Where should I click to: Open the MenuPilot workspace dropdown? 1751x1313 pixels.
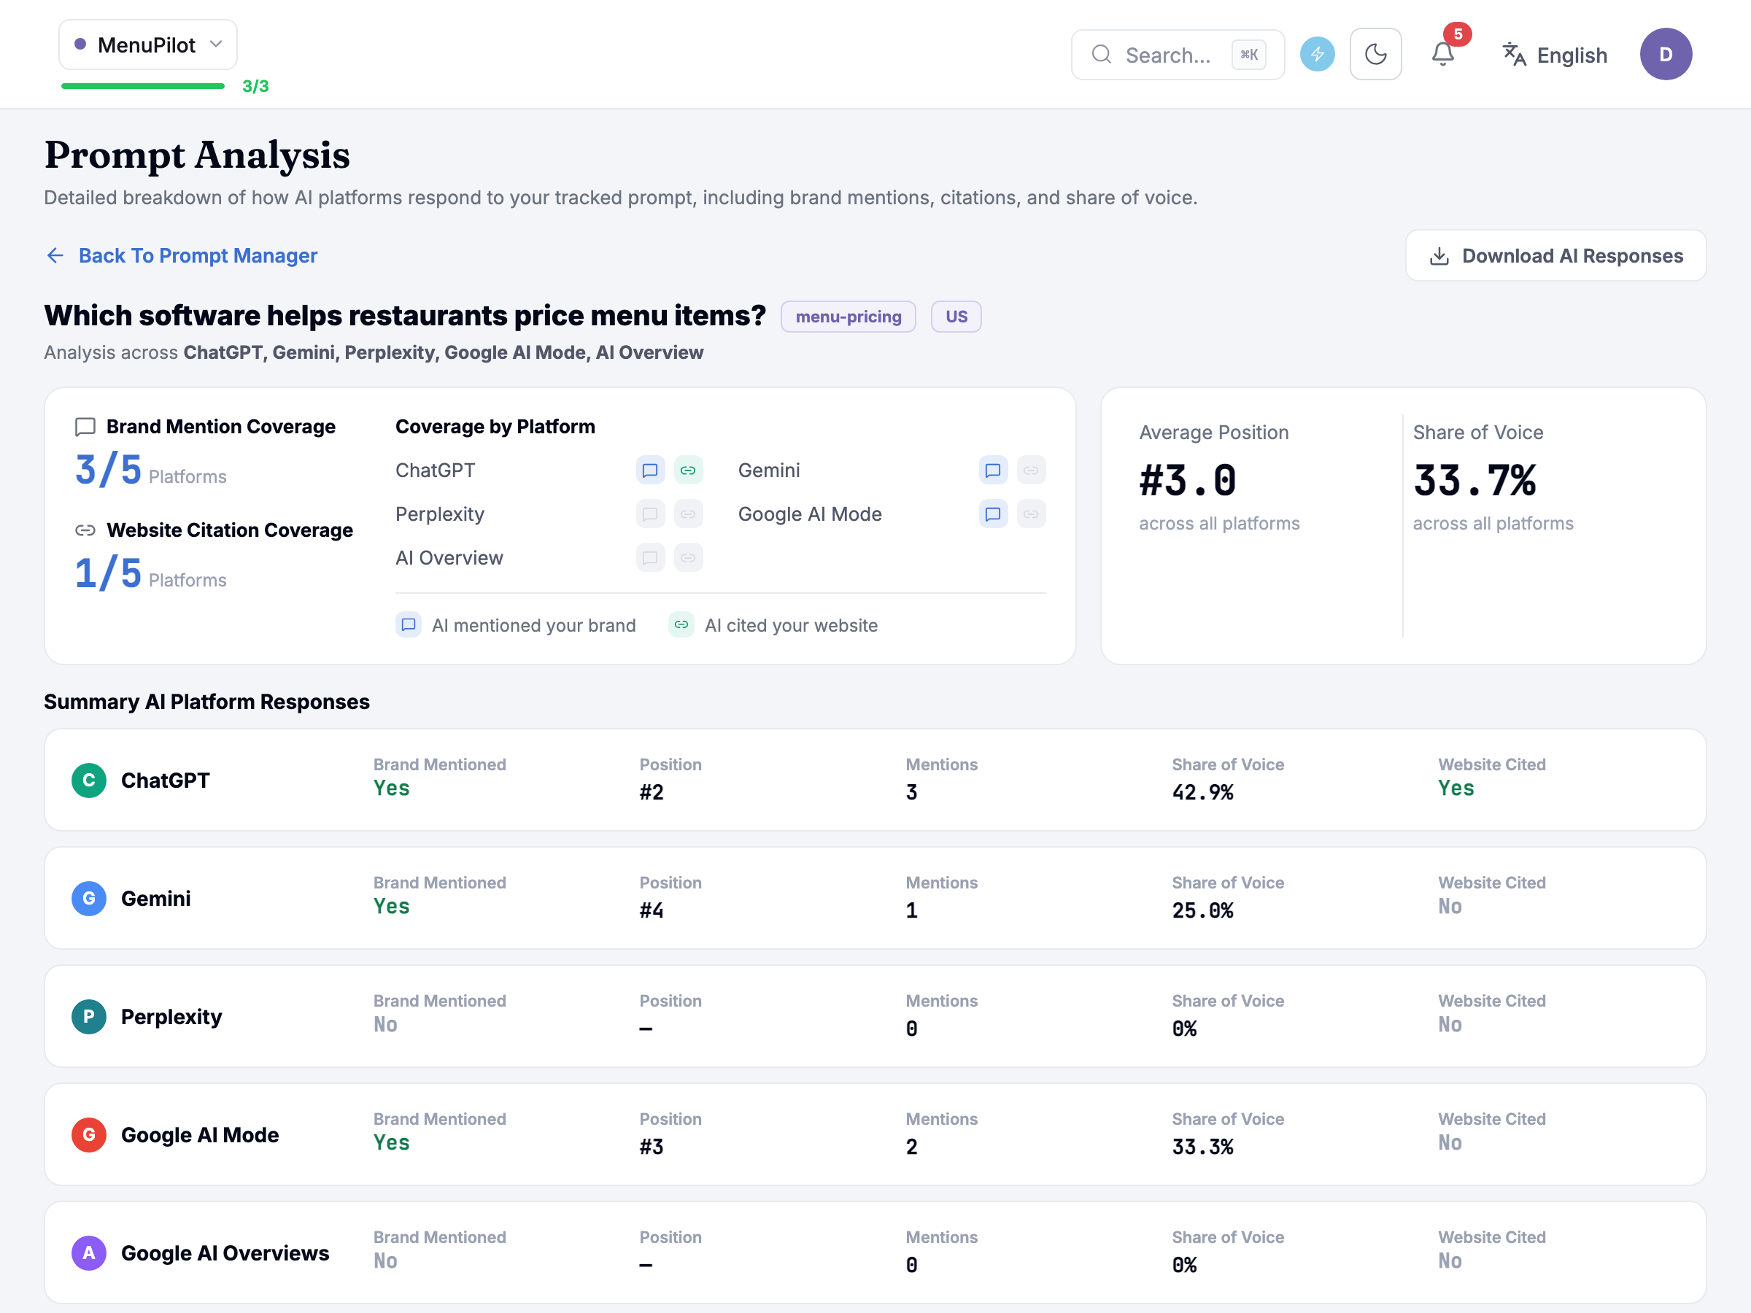point(148,45)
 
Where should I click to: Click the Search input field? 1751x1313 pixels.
point(1177,55)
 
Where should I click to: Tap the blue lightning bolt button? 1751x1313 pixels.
point(1317,55)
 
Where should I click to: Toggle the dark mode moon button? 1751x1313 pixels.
point(1376,55)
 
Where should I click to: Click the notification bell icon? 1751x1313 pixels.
point(1442,54)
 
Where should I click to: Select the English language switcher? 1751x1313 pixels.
point(1555,55)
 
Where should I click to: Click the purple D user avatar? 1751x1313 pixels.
point(1666,55)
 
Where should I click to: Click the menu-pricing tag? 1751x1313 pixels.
point(848,317)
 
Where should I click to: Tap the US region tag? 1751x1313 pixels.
point(956,317)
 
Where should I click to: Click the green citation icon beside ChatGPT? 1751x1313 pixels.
point(688,470)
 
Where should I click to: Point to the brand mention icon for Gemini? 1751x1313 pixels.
point(993,470)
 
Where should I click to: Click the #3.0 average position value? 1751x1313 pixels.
point(1187,481)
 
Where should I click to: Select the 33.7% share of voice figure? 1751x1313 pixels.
point(1474,481)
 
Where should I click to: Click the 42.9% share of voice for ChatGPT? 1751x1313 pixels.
point(1202,792)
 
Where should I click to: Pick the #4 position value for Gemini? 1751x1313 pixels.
point(652,910)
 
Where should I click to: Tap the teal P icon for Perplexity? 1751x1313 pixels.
point(89,1016)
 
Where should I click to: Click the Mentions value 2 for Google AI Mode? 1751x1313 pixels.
point(911,1147)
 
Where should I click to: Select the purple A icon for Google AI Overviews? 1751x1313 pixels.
point(89,1253)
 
